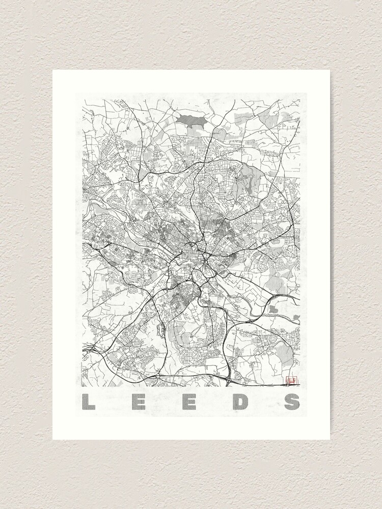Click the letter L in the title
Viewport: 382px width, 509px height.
click(90, 402)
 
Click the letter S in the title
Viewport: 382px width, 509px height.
click(292, 402)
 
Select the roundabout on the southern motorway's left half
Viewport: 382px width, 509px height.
click(158, 376)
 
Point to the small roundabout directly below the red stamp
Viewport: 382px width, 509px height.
click(290, 385)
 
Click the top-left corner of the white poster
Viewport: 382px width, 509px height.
click(53, 70)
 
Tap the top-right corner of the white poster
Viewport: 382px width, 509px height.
click(330, 70)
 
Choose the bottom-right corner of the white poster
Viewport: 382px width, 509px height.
click(330, 439)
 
